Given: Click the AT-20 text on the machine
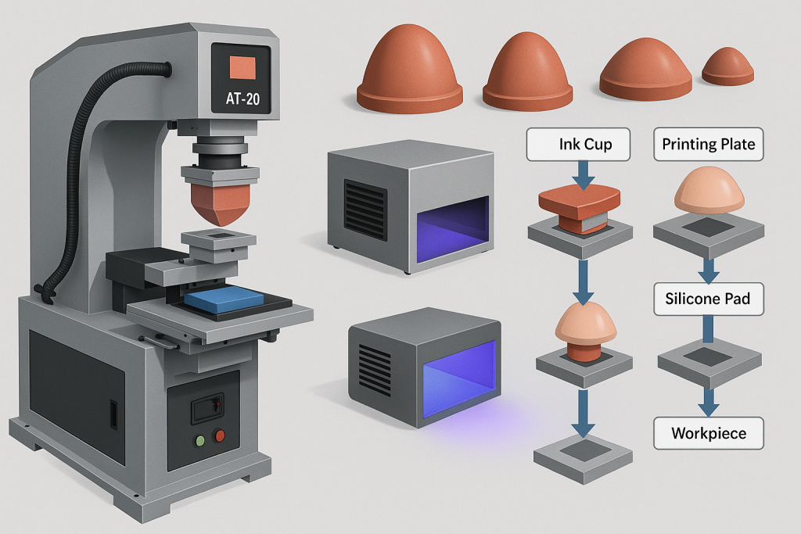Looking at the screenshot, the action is (242, 98).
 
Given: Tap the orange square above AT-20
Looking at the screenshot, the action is (242, 67).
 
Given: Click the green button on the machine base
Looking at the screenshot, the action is (200, 440).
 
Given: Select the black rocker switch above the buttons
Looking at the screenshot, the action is (207, 408).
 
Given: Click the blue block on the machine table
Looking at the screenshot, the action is (224, 299).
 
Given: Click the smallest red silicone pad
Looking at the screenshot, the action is (727, 66).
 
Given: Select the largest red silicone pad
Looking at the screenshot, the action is (409, 69).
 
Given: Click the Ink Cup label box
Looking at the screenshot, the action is (578, 145).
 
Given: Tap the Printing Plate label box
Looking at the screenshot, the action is (709, 145).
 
